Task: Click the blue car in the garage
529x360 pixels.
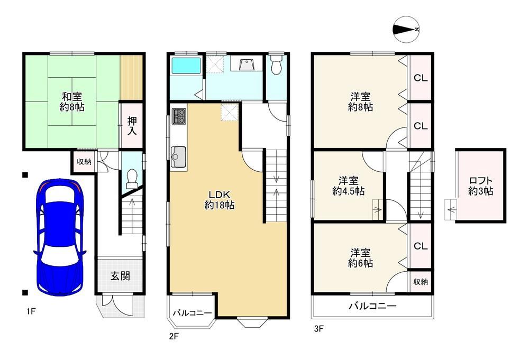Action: (59, 237)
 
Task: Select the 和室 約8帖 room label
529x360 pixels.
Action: (72, 102)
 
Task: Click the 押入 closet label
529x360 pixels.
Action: (132, 126)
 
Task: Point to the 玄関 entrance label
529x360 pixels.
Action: (121, 276)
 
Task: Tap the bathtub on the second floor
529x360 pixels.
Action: (186, 65)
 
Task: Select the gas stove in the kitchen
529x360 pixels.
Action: (179, 116)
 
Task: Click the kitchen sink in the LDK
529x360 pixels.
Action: (179, 158)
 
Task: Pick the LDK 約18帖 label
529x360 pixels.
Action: (220, 200)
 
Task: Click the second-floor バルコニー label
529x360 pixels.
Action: (193, 313)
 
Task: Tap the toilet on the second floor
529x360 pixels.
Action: (276, 64)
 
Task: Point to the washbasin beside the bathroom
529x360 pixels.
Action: (247, 64)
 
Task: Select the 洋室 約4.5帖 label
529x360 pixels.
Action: (349, 186)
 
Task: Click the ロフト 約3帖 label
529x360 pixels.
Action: (480, 186)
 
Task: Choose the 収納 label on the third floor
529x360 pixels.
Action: (421, 281)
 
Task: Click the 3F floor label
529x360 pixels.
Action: (319, 328)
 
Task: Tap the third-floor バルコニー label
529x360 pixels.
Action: (372, 306)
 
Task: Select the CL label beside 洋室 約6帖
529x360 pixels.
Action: (421, 246)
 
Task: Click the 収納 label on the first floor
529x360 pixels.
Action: (84, 161)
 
